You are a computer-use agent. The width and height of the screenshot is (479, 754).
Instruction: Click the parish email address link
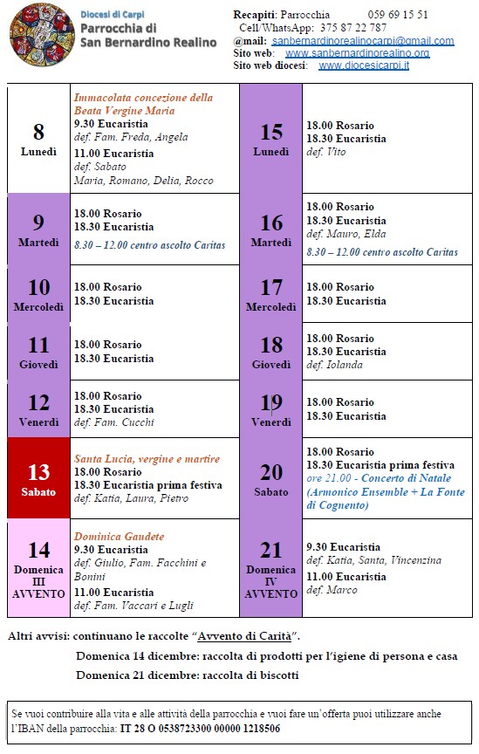click(x=362, y=41)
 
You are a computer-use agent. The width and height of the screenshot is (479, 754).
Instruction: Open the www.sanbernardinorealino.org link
click(x=357, y=53)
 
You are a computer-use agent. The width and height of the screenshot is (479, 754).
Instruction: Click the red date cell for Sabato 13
click(x=38, y=479)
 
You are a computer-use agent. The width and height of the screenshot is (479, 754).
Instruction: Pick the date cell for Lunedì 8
click(x=38, y=139)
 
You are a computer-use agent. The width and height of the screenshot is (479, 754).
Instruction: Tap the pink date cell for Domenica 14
click(x=38, y=568)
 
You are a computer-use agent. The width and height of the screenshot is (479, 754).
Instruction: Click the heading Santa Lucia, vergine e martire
click(x=147, y=459)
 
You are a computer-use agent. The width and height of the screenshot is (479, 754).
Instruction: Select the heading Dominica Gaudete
click(x=120, y=537)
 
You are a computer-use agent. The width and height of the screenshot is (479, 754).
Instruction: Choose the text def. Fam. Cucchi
click(x=114, y=422)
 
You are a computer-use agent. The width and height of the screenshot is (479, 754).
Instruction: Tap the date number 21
click(x=271, y=551)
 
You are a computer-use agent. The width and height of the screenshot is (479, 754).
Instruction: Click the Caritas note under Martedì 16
click(x=381, y=252)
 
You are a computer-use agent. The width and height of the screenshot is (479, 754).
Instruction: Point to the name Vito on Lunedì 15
click(x=335, y=152)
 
